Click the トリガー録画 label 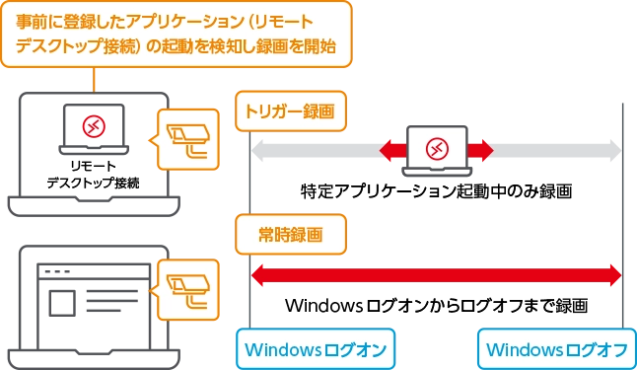point(291,111)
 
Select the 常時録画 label point(291,235)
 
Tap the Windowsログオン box point(315,349)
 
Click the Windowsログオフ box point(557,349)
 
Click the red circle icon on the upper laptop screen point(94,126)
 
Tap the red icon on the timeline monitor point(437,149)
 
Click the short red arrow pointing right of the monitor point(480,150)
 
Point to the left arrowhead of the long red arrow point(259,274)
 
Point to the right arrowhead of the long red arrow point(614,274)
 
